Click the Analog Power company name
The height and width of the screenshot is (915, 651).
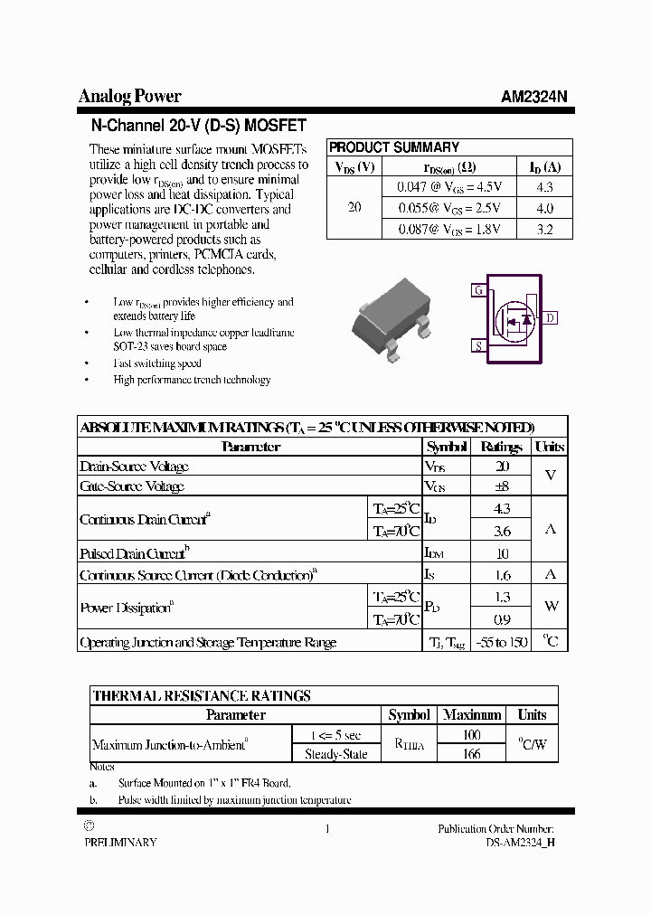[129, 96]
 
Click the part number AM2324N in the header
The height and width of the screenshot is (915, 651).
[534, 97]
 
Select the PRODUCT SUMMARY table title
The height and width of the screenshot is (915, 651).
[393, 146]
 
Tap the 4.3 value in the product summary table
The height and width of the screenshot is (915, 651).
[544, 187]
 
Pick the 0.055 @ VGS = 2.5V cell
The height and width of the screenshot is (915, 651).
[449, 208]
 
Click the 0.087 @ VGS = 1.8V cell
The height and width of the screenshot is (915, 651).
[449, 230]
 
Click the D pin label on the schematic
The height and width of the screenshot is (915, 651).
[551, 317]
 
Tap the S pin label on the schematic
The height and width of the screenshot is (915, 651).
[477, 345]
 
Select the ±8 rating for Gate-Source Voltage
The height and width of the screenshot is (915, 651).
[503, 486]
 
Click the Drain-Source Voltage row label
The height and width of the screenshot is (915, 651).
[134, 467]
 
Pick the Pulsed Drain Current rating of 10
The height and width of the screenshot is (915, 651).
[503, 553]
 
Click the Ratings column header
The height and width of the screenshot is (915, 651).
[502, 447]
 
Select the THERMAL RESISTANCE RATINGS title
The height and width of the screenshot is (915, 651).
[202, 695]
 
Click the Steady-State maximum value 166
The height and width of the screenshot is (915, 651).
[471, 753]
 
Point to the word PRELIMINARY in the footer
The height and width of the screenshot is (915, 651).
[120, 842]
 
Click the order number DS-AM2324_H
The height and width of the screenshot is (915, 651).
[519, 842]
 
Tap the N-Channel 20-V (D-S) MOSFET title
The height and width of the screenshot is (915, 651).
[199, 126]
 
